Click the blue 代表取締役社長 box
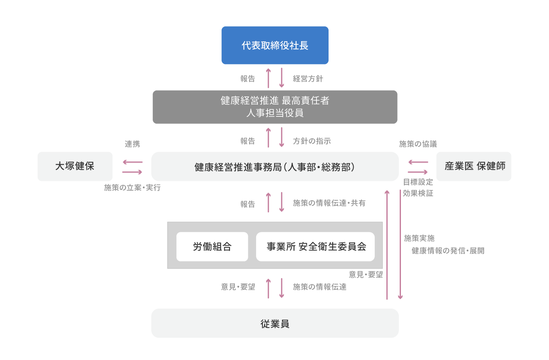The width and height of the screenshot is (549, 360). (274, 45)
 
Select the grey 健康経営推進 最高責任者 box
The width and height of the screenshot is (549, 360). (274, 107)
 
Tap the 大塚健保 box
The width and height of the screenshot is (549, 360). (75, 166)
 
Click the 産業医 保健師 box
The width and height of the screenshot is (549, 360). (474, 166)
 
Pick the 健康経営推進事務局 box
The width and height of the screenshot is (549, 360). (274, 167)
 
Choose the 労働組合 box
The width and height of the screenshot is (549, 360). (212, 247)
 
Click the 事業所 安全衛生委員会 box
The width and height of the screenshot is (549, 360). (315, 247)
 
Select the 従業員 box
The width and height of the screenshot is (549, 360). (274, 323)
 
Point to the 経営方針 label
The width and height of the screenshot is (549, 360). (308, 79)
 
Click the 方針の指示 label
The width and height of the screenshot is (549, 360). (312, 141)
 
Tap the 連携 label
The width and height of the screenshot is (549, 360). (132, 144)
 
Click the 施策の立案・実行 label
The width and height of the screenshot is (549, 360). (132, 187)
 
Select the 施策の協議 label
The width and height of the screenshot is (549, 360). (418, 144)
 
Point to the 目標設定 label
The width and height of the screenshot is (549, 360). (418, 182)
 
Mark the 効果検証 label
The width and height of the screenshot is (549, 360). (418, 193)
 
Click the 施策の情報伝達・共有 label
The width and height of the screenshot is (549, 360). (329, 203)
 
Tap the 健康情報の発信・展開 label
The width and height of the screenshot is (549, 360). (448, 251)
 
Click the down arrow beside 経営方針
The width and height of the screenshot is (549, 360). (282, 78)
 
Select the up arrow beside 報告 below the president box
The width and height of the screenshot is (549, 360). (268, 78)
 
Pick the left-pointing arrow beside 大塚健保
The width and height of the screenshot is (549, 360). (132, 162)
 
